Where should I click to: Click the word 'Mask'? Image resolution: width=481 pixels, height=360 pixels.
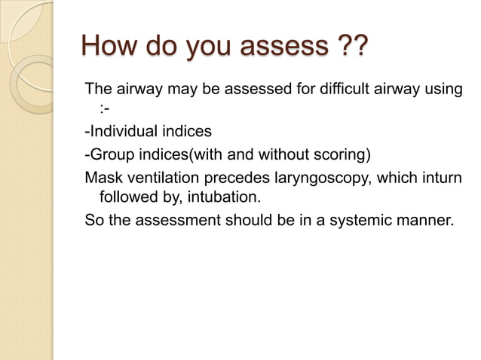coord(102,178)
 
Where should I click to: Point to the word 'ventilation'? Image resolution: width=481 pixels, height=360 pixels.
coord(161,178)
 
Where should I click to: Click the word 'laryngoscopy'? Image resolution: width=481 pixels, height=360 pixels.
coord(321,178)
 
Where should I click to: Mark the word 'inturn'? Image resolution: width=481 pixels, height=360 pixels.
coord(439,178)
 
